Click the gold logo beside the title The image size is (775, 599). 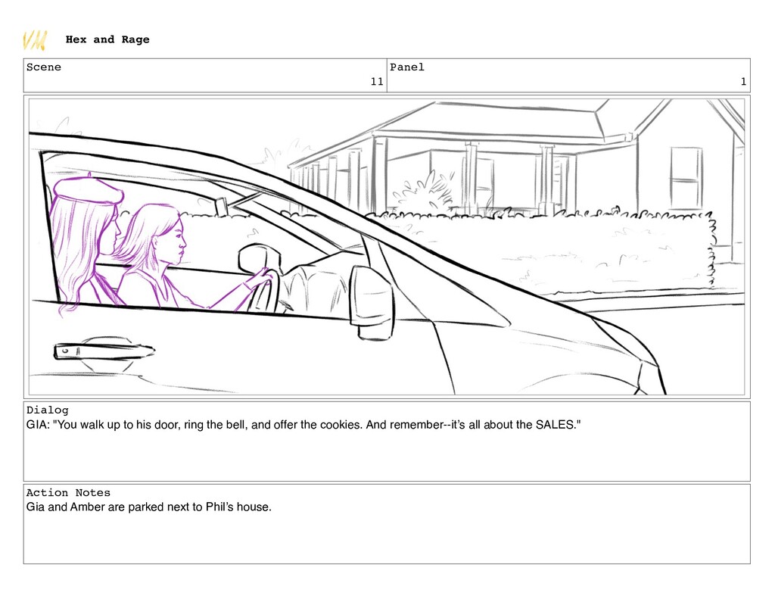pos(35,41)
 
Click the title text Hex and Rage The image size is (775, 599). pos(107,39)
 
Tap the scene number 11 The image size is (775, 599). pos(377,82)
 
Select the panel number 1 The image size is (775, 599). pos(743,82)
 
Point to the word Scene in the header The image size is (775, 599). pos(43,67)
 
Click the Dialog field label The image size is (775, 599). pos(48,410)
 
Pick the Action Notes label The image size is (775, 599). pos(68,493)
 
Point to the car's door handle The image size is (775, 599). pos(103,351)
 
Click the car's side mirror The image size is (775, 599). pos(372,303)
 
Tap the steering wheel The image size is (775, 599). pos(264,292)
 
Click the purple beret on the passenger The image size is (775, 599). pos(88,189)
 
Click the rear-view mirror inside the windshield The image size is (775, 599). pos(221,206)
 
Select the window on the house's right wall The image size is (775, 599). pos(686,178)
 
